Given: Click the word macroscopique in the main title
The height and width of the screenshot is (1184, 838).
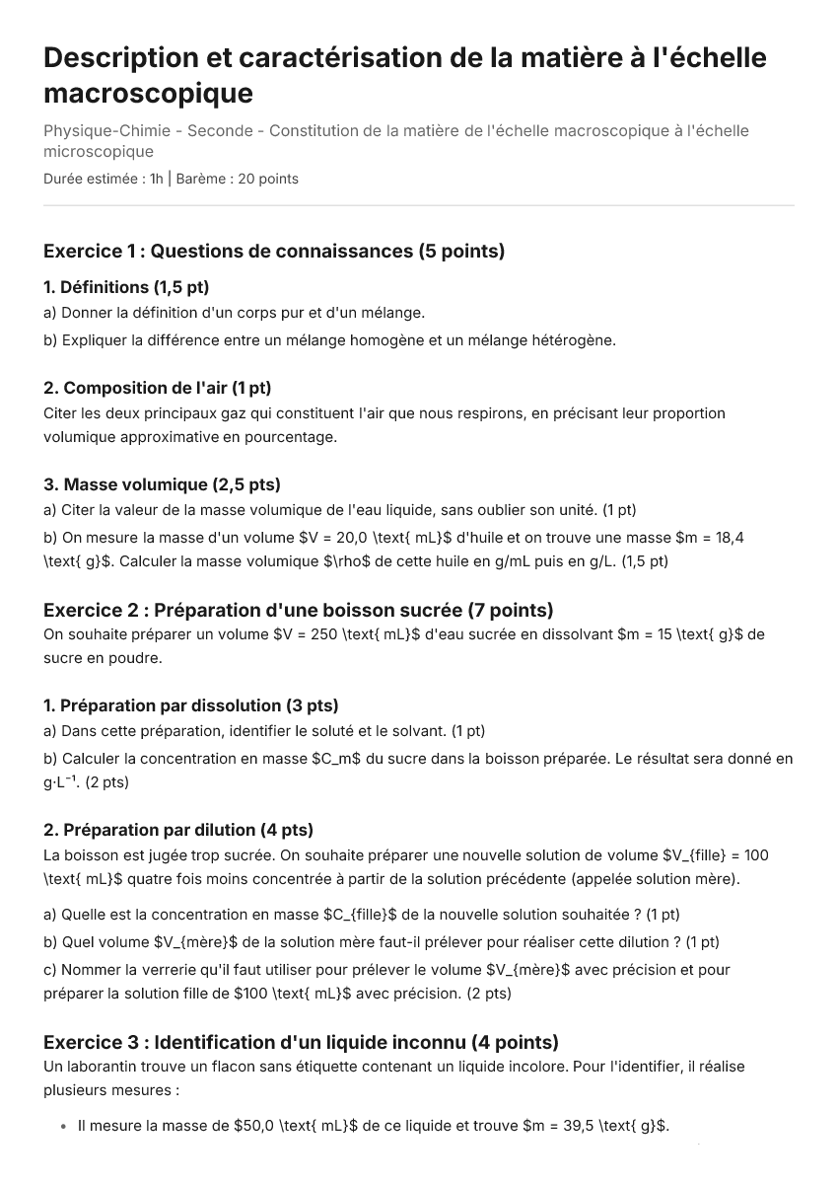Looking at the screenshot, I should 148,93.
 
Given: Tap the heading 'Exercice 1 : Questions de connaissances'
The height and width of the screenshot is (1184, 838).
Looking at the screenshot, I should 274,251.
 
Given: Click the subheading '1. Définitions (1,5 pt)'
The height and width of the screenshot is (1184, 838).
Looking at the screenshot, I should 126,287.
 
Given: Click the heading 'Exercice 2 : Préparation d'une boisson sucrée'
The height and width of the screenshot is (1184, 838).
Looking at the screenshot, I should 298,610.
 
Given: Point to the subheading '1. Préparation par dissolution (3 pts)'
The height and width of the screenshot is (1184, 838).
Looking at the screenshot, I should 191,705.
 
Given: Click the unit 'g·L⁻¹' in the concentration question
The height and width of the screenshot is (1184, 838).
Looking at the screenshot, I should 63,782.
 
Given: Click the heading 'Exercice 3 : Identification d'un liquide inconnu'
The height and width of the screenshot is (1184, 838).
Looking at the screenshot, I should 301,1042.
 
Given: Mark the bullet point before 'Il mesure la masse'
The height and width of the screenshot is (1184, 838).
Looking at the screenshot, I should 63,1125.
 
